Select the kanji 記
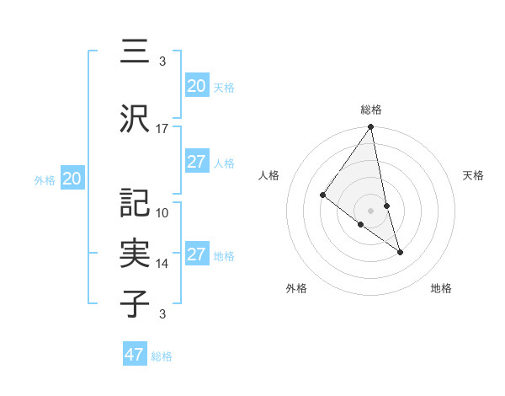coord(135,202)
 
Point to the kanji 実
coord(135,253)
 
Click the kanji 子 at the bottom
coord(135,302)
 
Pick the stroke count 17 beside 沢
coord(162,129)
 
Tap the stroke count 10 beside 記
coord(162,213)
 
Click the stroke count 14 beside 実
coord(162,264)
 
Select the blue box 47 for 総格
coord(135,355)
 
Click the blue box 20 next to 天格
coord(196,85)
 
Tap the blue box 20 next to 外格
coord(72,179)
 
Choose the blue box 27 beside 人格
coord(196,162)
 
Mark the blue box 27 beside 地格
coord(196,254)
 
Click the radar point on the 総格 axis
coord(370,127)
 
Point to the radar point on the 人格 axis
coord(323,195)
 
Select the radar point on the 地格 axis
coord(400,251)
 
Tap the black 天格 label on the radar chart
coord(474,175)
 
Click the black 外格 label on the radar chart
coord(296,288)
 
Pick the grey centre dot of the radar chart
coord(370,210)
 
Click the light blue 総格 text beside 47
coord(162,356)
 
